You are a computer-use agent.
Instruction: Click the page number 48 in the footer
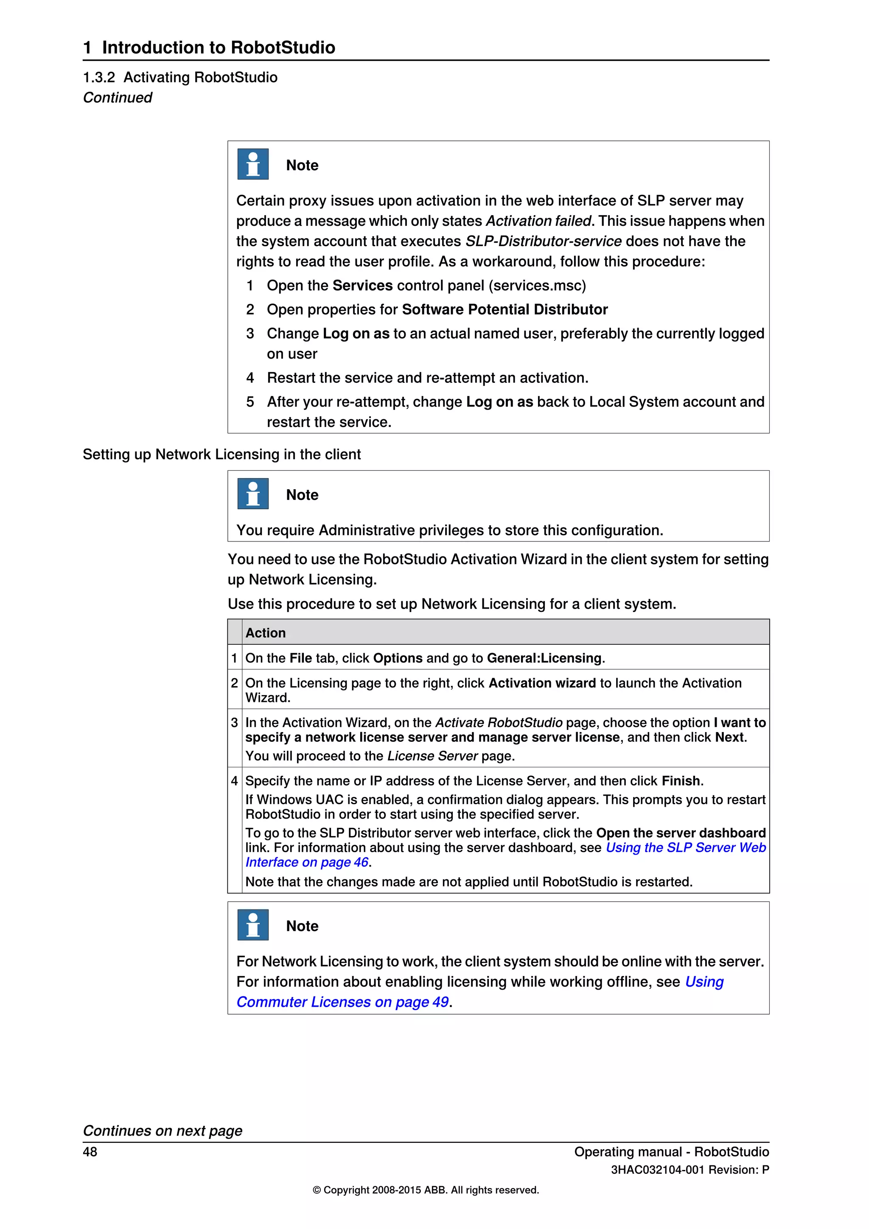tap(90, 1151)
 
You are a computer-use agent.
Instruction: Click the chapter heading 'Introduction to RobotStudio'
tap(219, 48)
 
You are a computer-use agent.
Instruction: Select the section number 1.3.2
tap(99, 78)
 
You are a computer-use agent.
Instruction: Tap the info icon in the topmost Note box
tap(252, 164)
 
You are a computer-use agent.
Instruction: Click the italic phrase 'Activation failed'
tap(538, 221)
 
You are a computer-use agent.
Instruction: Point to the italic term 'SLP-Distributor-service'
tap(543, 241)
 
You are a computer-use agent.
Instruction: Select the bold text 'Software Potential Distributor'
tap(505, 309)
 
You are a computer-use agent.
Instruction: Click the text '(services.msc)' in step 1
tap(537, 285)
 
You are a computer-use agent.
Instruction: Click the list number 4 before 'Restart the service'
tap(250, 378)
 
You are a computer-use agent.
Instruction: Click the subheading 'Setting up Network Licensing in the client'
tap(221, 455)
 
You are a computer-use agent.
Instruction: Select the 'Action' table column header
tap(265, 633)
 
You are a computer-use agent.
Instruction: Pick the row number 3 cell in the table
tap(234, 723)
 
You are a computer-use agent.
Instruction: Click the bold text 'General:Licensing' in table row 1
tap(544, 658)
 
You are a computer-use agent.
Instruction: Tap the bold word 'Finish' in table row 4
tap(681, 781)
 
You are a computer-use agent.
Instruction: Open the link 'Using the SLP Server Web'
tap(685, 847)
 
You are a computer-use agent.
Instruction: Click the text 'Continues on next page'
tap(163, 1131)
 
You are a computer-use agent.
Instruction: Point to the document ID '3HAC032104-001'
tap(657, 1170)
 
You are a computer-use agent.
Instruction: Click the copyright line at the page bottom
tap(426, 1190)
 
